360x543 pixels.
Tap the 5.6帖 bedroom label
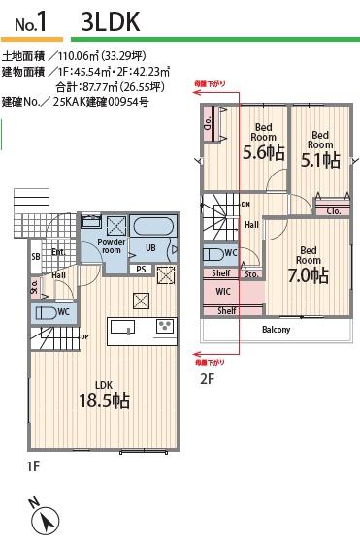pos(262,144)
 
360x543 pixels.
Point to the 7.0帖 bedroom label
pos(309,268)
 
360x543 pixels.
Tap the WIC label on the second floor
pos(222,291)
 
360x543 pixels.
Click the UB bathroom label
pos(151,247)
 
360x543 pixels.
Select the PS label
pos(141,269)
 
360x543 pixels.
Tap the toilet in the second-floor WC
pos(213,254)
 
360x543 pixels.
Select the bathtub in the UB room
pos(152,227)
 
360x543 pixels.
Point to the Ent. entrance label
pos(58,253)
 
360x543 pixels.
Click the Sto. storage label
pos(250,274)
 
